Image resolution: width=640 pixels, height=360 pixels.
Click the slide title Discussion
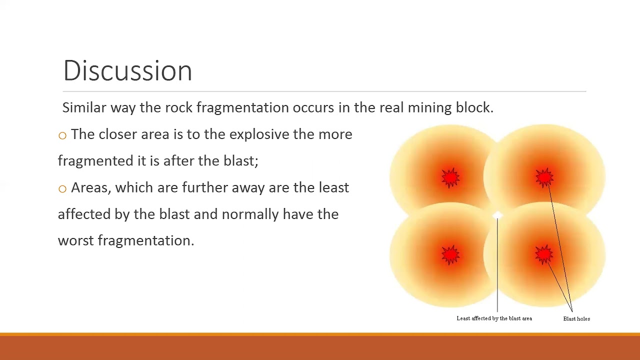[127, 70]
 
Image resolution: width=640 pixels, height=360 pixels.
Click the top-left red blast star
[450, 178]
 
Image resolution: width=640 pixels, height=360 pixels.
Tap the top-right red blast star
[544, 178]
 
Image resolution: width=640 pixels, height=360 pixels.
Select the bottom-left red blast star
[450, 254]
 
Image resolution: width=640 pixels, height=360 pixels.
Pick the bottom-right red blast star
[544, 254]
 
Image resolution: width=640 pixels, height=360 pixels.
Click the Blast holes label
[576, 318]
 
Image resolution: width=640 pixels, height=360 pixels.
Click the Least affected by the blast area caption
[494, 318]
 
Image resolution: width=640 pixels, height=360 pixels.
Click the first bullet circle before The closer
[62, 135]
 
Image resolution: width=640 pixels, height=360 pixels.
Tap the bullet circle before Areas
[62, 188]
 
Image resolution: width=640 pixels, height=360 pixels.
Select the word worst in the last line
[75, 240]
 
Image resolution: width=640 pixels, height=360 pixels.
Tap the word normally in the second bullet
[250, 214]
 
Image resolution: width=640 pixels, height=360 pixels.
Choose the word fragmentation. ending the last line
[145, 240]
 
